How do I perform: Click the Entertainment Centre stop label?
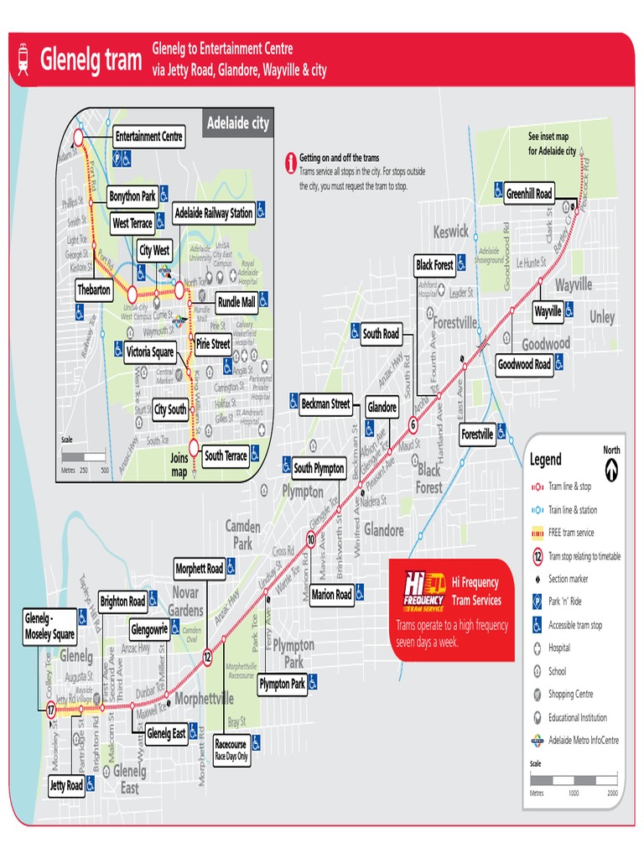pos(149,137)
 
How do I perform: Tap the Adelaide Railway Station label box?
pos(214,213)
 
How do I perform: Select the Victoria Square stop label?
pos(150,352)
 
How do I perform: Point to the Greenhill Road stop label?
pos(528,194)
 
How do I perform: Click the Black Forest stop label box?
pos(434,265)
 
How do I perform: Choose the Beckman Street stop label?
pos(325,403)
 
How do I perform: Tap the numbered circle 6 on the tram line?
pos(413,424)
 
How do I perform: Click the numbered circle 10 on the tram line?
pos(310,539)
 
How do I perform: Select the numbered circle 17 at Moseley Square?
pos(50,710)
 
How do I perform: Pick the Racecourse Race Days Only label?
pos(231,749)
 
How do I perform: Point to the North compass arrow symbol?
pos(611,462)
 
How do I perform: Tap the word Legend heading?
pos(545,460)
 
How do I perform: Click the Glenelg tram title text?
pos(91,60)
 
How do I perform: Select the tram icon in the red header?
pos(23,60)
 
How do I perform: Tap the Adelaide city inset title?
pos(238,123)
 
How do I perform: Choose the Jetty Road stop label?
pos(66,786)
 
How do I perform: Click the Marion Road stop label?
pos(331,595)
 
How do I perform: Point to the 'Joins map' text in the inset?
pos(179,465)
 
